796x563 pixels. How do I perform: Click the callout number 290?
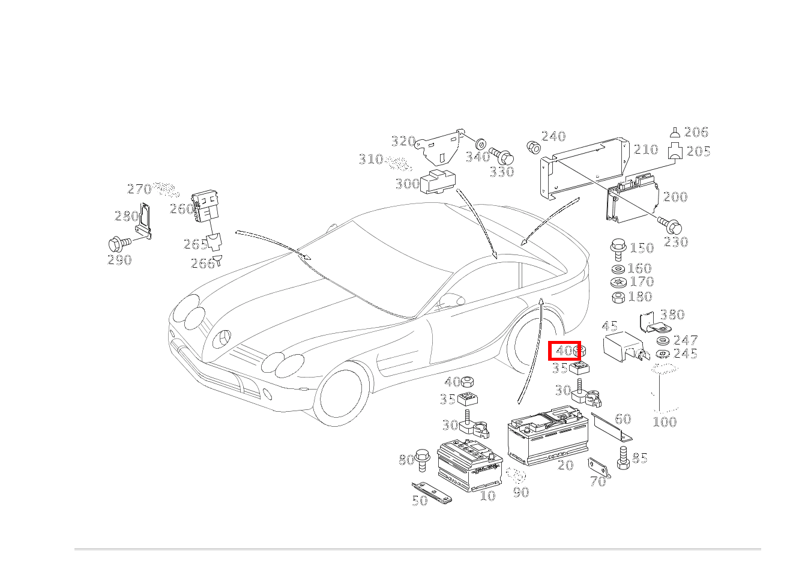tap(119, 260)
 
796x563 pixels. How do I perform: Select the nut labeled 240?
tap(532, 146)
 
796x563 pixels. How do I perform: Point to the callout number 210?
tap(646, 149)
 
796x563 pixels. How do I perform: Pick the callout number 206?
tap(696, 132)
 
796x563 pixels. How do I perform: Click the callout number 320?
tap(403, 141)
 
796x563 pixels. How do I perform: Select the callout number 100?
tap(665, 421)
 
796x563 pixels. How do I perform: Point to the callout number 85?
tap(640, 458)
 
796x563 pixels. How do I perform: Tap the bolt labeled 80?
tap(423, 459)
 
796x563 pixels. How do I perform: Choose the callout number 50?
tap(420, 500)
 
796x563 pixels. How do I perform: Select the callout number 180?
tap(641, 297)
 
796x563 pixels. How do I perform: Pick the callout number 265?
tap(196, 244)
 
